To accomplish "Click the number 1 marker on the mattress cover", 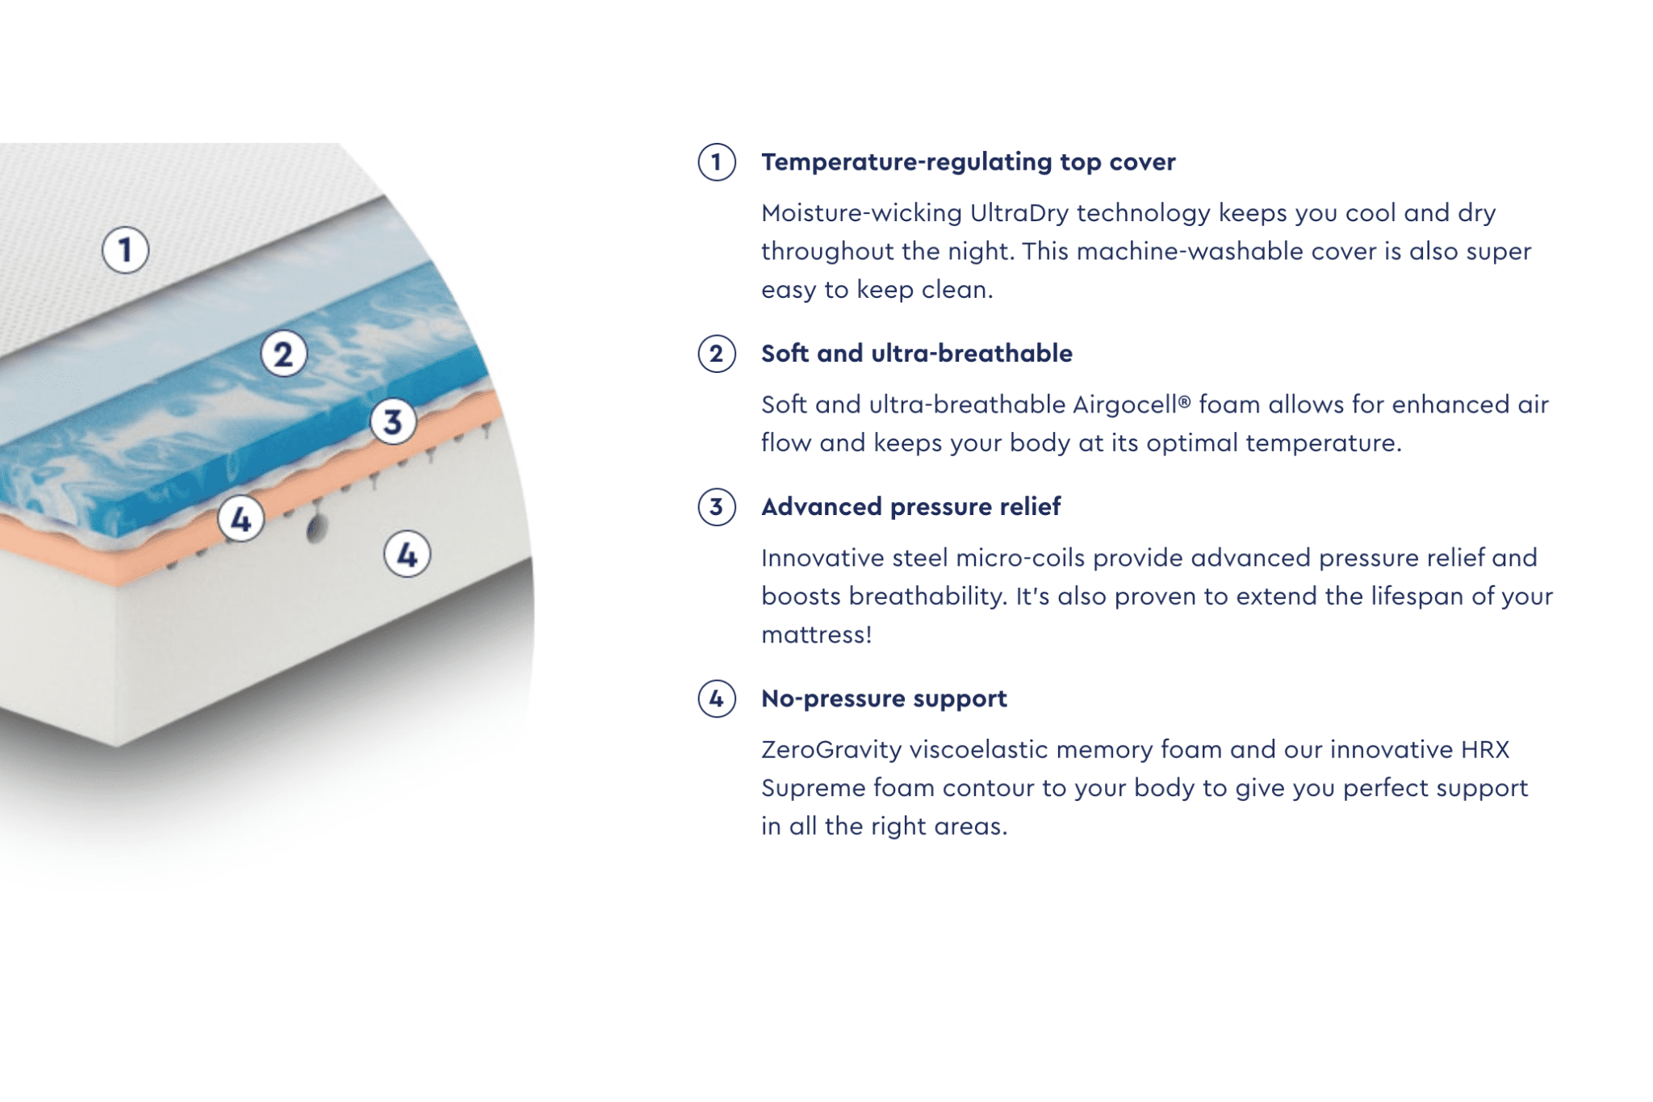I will (x=125, y=249).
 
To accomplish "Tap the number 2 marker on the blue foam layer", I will (x=283, y=354).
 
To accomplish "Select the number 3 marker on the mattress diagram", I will (x=393, y=421).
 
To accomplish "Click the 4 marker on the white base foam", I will (x=407, y=555).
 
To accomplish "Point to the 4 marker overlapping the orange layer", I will (x=241, y=519).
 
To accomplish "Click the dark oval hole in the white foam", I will (x=316, y=530).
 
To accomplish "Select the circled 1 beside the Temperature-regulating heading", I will (x=716, y=162).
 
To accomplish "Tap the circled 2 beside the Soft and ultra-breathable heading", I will (x=716, y=354).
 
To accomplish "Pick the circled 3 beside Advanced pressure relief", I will (x=716, y=507).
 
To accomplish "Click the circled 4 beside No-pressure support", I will (x=716, y=698).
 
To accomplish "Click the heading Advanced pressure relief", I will (x=910, y=507).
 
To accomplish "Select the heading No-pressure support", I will (x=884, y=698).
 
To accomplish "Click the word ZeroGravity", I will (x=831, y=750).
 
